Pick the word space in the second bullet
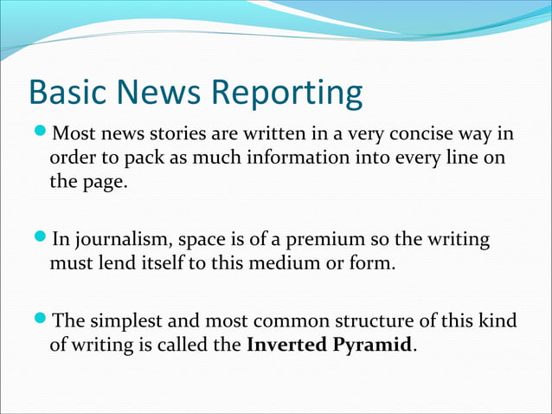pos(195,240)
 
